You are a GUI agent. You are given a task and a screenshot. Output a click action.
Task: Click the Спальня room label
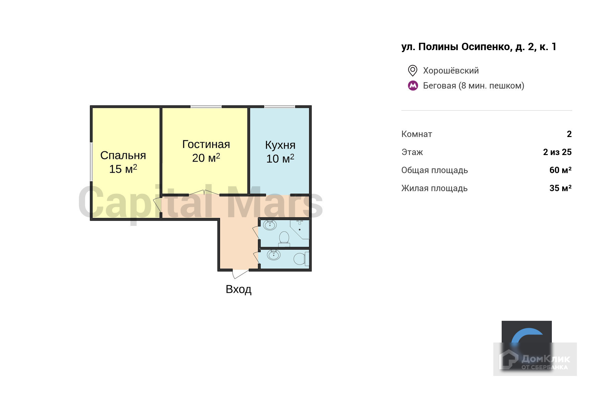pyautogui.click(x=123, y=155)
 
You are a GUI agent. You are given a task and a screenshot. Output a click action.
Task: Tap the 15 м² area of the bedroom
pyautogui.click(x=123, y=169)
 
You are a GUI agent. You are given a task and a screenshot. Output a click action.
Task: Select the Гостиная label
pyautogui.click(x=206, y=144)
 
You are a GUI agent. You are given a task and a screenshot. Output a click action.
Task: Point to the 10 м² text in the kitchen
pyautogui.click(x=280, y=158)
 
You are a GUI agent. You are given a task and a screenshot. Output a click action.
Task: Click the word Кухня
pyautogui.click(x=280, y=145)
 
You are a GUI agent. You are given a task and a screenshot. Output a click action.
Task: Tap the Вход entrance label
pyautogui.click(x=238, y=289)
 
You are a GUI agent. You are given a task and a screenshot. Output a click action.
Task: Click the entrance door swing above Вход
pyautogui.click(x=240, y=274)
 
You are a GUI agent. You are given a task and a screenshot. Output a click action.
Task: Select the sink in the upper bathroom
pyautogui.click(x=270, y=225)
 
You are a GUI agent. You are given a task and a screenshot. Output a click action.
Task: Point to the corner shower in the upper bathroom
pyautogui.click(x=300, y=229)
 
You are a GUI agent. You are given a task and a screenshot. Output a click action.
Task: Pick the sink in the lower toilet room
pyautogui.click(x=274, y=255)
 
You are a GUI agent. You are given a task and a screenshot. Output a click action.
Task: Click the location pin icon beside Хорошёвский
pyautogui.click(x=413, y=71)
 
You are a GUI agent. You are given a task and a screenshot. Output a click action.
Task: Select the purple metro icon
pyautogui.click(x=413, y=86)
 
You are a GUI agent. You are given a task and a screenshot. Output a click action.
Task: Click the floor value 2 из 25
pyautogui.click(x=557, y=152)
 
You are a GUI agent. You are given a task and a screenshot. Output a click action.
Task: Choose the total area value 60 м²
pyautogui.click(x=561, y=170)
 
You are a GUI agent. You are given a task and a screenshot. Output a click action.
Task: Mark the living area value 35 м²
pyautogui.click(x=561, y=188)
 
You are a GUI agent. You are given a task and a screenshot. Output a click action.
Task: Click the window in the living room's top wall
pyautogui.click(x=206, y=107)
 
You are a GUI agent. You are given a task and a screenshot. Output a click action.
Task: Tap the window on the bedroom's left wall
pyautogui.click(x=91, y=162)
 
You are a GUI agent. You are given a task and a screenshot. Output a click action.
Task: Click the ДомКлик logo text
pyautogui.click(x=545, y=359)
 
